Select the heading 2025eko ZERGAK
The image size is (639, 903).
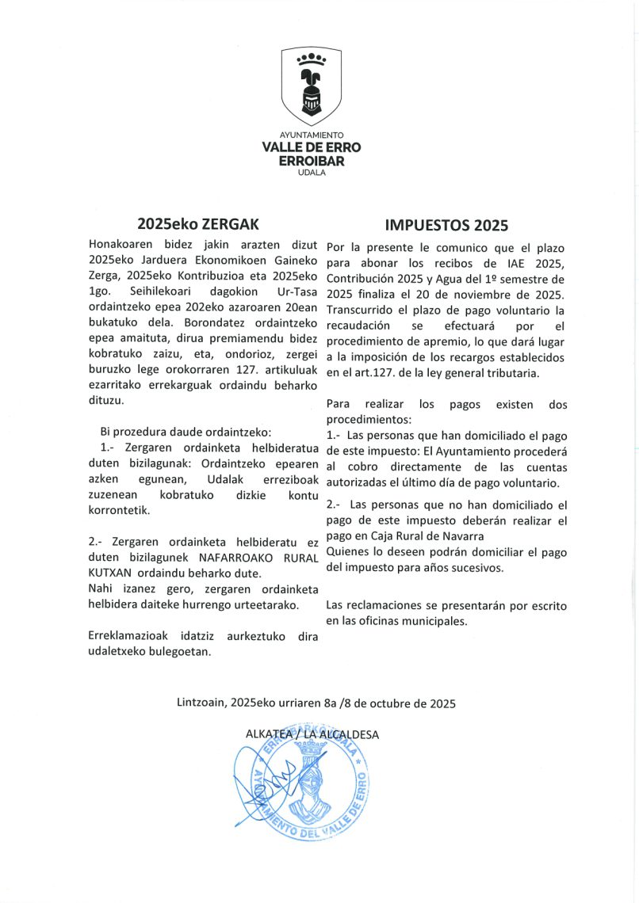pos(197,223)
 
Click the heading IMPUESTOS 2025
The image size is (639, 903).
pos(446,223)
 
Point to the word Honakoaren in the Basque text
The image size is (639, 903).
pos(123,244)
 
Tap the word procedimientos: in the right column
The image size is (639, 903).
pos(369,419)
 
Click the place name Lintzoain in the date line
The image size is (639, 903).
pos(201,703)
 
